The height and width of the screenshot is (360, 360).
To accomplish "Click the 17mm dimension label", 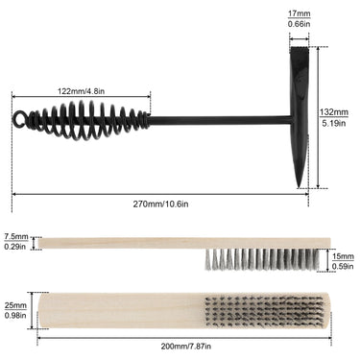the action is coord(300,13).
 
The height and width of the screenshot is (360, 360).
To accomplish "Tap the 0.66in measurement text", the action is coord(300,24).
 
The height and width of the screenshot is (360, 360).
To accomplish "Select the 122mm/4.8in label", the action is coord(81,91).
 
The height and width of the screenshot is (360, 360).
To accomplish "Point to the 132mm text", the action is coord(334,112).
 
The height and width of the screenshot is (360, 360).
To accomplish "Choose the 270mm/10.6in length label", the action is coord(160,204).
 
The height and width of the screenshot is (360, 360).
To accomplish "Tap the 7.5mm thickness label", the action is coord(16,237).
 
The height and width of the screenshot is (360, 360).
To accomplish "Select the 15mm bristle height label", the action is coord(343,256).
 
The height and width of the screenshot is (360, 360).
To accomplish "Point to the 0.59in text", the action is coord(343,266).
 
